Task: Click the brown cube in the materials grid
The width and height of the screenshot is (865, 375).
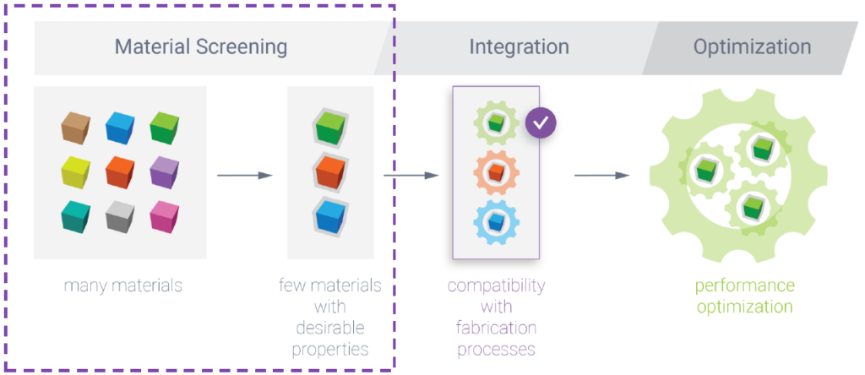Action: point(75,128)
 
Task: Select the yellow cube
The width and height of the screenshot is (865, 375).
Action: point(75,171)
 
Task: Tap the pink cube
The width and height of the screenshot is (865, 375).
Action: point(165,216)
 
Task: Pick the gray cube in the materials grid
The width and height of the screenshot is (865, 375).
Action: point(120,216)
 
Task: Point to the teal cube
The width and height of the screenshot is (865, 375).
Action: point(75,216)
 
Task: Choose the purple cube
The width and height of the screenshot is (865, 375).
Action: point(165,171)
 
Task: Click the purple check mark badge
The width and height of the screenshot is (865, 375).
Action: point(541,122)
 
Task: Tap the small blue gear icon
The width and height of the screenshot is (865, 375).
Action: point(496,222)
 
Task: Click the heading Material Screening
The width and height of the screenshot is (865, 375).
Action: point(201,47)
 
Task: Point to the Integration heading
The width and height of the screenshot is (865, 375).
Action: point(520,47)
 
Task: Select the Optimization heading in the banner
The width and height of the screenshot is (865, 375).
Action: point(753,47)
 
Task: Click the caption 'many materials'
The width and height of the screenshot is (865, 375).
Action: point(123,285)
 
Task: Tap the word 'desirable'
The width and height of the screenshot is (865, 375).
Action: point(330,328)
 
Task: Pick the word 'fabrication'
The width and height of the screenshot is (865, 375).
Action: point(496,328)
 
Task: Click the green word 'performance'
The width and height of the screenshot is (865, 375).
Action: point(745,286)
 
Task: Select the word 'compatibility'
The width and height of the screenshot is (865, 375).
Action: point(496,286)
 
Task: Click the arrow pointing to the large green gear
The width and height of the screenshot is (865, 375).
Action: point(601,176)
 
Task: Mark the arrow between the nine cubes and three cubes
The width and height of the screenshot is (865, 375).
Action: point(245,176)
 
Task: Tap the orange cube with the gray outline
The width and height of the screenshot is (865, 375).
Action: point(330,171)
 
